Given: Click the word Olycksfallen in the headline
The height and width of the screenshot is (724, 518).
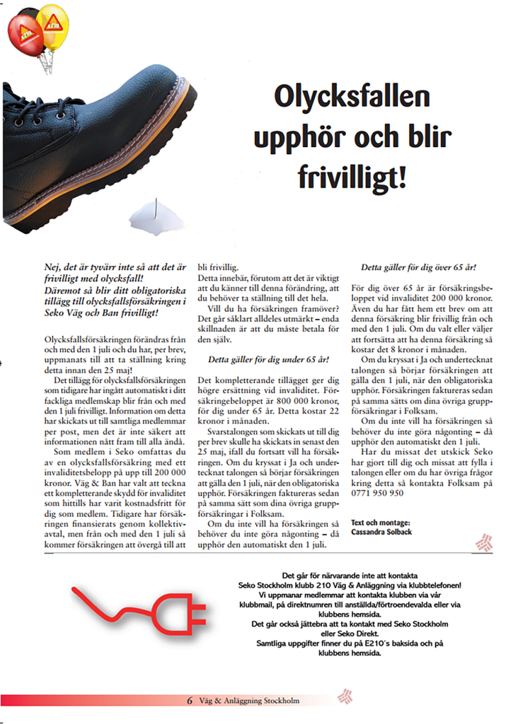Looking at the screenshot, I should pyautogui.click(x=352, y=96).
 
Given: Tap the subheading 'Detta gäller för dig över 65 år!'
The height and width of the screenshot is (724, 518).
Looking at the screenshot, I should pyautogui.click(x=418, y=268).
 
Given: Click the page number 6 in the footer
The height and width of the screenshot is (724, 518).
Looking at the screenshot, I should pyautogui.click(x=190, y=701).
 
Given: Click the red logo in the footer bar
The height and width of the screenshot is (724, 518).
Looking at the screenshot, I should pyautogui.click(x=345, y=696).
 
